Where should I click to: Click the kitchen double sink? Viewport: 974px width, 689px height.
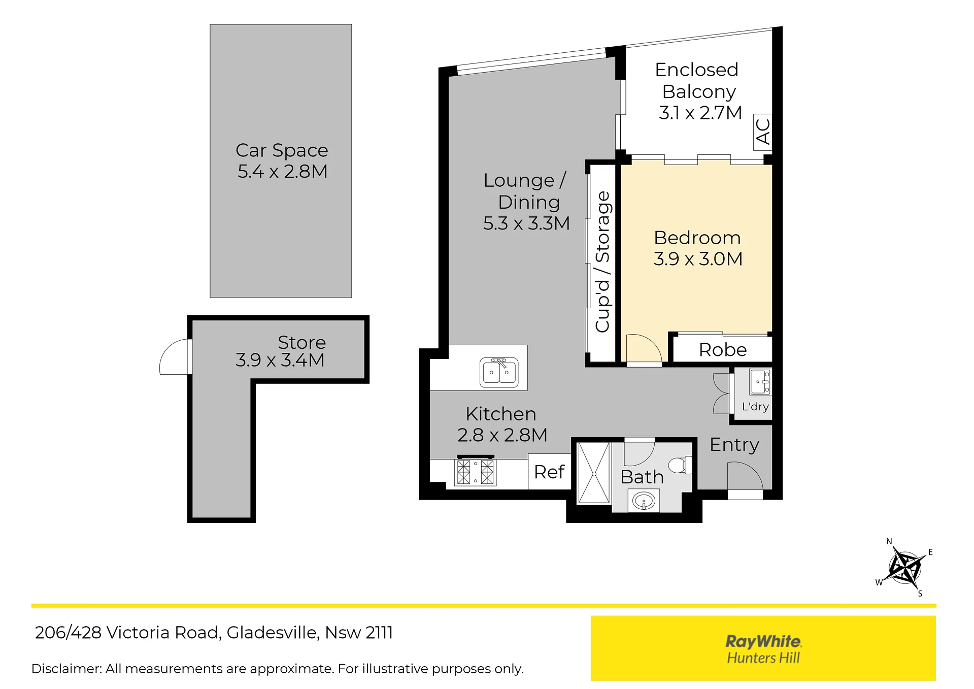point(499,372)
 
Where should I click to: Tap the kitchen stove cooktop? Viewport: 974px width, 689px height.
point(475,472)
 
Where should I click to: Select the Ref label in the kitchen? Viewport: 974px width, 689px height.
point(549,472)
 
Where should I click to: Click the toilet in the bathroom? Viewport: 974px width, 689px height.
point(681,465)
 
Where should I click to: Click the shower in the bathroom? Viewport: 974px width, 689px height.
point(593,473)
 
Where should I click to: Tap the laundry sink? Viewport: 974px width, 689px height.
point(760,381)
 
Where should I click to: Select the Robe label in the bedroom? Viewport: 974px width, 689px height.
point(723,350)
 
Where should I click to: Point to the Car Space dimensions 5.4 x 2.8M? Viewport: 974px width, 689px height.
point(282,172)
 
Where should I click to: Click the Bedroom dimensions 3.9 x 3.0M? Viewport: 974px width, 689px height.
point(698,259)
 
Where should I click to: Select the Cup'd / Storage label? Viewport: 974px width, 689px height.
point(602,262)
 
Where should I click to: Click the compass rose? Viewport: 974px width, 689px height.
point(905,567)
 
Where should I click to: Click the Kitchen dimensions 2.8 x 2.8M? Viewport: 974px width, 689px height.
point(502,435)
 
